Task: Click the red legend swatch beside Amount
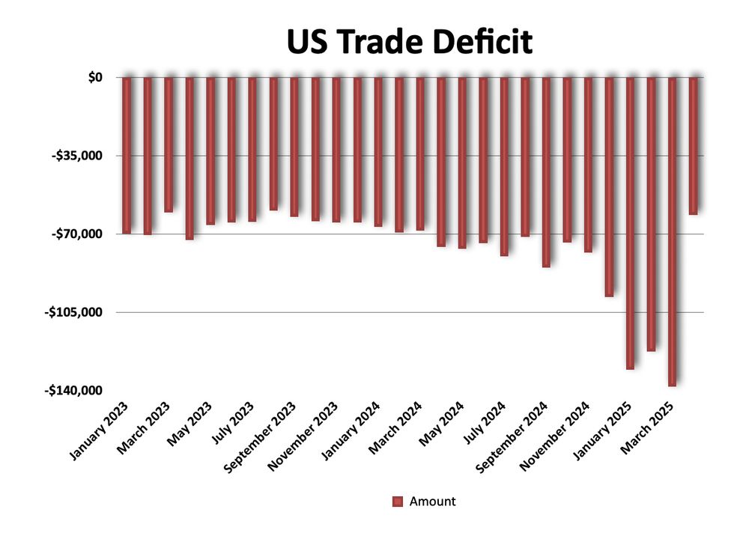pyautogui.click(x=398, y=502)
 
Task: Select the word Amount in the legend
pyautogui.click(x=432, y=502)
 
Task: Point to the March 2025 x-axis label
pyautogui.click(x=649, y=428)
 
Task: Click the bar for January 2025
pyautogui.click(x=631, y=222)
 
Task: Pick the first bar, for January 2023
pyautogui.click(x=127, y=155)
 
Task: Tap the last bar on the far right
pyautogui.click(x=694, y=145)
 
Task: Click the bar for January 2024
pyautogui.click(x=378, y=151)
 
